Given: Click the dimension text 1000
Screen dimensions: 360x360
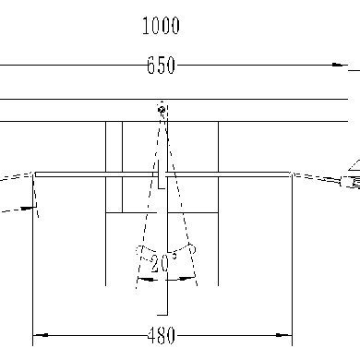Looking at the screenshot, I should point(161,26).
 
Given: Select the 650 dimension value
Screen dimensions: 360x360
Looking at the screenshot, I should point(161,66).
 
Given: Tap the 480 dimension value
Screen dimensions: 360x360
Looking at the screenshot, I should point(161,336).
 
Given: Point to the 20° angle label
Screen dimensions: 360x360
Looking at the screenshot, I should point(164,264).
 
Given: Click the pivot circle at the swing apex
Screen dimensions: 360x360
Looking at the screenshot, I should point(162,110).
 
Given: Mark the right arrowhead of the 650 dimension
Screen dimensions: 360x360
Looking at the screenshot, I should point(334,66).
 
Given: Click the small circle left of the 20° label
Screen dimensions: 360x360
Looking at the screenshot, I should point(138,249).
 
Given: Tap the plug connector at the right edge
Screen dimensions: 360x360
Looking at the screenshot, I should point(350,185).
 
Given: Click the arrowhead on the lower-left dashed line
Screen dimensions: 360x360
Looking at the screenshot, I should point(37,209).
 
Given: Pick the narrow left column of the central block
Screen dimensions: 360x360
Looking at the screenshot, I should point(114,166).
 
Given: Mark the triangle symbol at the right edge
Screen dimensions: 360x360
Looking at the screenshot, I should point(354,165).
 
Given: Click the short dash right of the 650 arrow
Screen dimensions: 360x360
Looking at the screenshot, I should point(354,68).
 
